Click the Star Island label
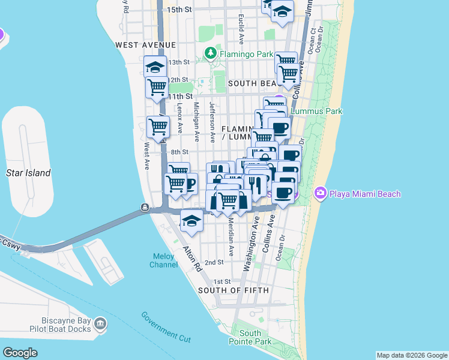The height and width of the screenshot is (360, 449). coord(28,173)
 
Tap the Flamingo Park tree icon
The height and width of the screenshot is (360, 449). coord(210,54)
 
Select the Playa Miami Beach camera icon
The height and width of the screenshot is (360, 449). coord(320,193)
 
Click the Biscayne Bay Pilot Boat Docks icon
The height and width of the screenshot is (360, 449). coord(100,325)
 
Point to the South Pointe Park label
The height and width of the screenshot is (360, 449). coord(250,337)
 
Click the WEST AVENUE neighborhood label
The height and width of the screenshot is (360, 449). coord(146,45)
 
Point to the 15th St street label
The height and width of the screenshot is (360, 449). coord(179,10)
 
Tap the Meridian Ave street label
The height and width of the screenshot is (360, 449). coord(231,237)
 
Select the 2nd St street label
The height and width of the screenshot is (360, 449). coord(214,262)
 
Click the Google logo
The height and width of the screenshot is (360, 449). coord(20,352)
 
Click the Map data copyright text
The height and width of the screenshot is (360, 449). coord(412,355)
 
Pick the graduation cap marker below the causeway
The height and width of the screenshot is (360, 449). coord(191,221)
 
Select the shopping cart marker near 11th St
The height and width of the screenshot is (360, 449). coord(157,87)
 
